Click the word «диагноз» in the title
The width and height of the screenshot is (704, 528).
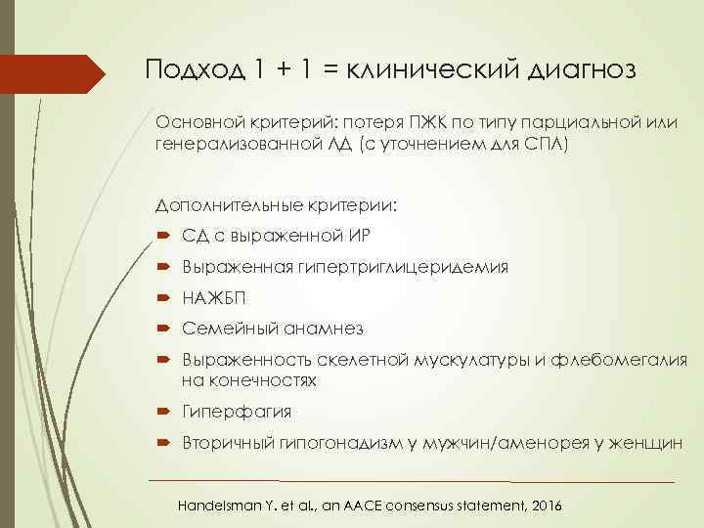(583, 70)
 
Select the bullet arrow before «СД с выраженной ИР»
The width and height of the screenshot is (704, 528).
(161, 237)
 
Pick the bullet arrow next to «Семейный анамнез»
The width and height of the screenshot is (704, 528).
(161, 330)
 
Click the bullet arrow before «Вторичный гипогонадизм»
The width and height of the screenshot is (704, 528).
(161, 443)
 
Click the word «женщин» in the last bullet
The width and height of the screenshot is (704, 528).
(646, 443)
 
